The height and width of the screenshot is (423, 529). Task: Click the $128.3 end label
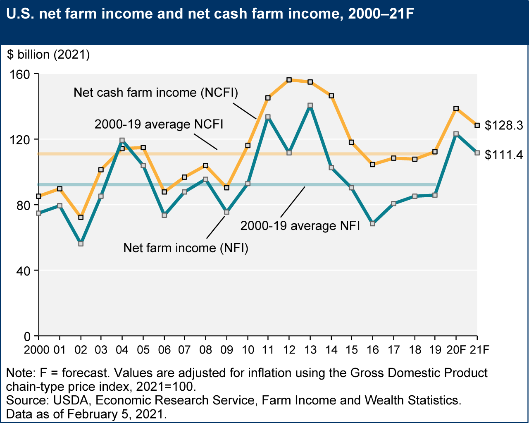tap(504, 125)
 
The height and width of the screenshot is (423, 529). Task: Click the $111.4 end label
tap(504, 155)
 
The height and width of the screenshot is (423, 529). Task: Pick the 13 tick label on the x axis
tap(310, 350)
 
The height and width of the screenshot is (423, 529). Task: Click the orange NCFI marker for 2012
tap(289, 80)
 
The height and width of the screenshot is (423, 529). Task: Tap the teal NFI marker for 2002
tap(81, 244)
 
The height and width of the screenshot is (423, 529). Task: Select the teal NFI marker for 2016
tap(372, 224)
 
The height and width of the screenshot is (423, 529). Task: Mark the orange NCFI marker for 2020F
tap(456, 109)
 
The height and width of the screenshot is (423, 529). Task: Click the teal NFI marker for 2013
tap(310, 105)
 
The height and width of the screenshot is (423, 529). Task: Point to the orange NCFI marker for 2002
tap(81, 217)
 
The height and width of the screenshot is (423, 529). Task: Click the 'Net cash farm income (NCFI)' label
tap(156, 93)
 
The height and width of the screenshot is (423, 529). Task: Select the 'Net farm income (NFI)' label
tap(186, 248)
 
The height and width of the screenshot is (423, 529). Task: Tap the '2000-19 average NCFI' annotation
tap(159, 124)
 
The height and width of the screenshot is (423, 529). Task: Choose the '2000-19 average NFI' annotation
tap(300, 226)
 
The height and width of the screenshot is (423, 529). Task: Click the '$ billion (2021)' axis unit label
tap(48, 55)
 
